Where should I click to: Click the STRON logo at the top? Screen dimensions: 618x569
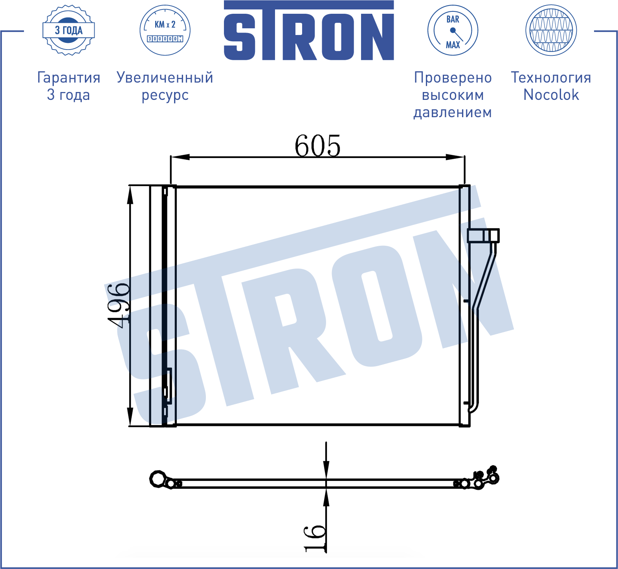[x=309, y=31]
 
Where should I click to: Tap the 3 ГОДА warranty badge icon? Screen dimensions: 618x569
[x=69, y=30]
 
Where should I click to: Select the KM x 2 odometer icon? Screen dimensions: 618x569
[x=165, y=30]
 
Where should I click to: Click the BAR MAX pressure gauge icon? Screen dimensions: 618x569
[x=453, y=30]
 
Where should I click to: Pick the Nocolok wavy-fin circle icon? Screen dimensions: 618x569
[x=551, y=30]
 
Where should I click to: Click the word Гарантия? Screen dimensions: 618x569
[x=69, y=78]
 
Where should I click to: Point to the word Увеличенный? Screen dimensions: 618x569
[x=165, y=78]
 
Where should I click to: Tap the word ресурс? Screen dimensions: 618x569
[x=165, y=96]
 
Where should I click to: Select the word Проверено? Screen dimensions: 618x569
[x=453, y=78]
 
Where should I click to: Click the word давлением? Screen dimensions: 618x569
[x=453, y=113]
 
